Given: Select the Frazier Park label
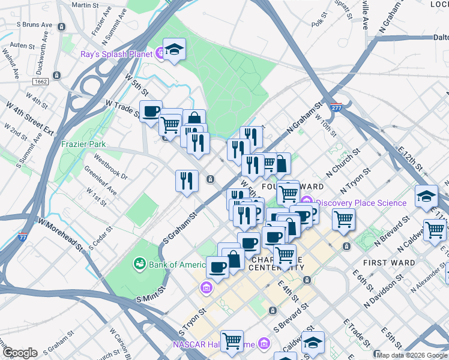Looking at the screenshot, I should [83, 144].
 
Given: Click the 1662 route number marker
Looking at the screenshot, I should [41, 81].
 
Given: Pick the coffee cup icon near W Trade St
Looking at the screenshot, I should [151, 111].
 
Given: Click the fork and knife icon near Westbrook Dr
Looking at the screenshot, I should [187, 180].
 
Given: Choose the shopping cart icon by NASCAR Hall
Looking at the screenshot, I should [232, 340].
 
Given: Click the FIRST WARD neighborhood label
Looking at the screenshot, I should [389, 263].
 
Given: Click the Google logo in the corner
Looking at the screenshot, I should [19, 353].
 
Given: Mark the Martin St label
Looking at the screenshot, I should [85, 5].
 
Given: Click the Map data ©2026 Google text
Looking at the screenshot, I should [412, 355].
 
